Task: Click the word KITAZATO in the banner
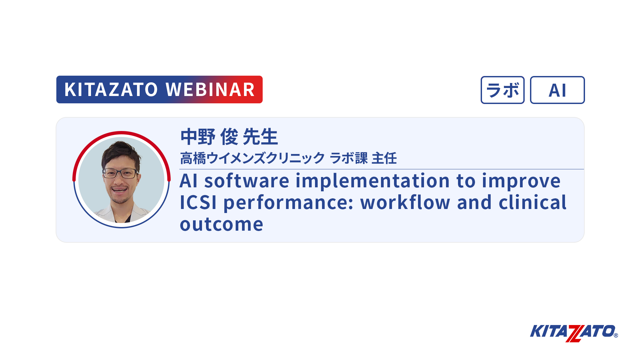click(111, 90)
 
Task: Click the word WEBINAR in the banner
click(210, 90)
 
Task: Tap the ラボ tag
click(503, 90)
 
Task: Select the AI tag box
click(557, 90)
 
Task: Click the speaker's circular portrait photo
click(121, 180)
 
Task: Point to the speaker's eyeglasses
click(121, 173)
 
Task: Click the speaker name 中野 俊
click(209, 137)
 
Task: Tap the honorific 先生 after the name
click(260, 137)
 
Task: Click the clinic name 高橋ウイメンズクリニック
click(252, 158)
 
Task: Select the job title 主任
click(384, 158)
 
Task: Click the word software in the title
click(247, 181)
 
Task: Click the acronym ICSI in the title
click(198, 203)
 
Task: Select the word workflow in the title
click(405, 202)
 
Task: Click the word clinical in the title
click(532, 202)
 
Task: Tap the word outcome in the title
click(222, 224)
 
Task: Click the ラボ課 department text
click(349, 158)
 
